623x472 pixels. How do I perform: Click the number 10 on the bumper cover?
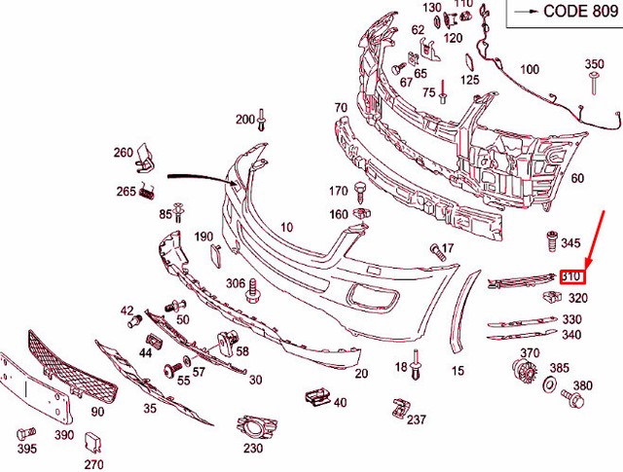point(286,227)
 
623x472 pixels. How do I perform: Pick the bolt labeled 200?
point(262,122)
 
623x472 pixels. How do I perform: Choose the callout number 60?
point(576,178)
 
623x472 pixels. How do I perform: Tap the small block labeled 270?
point(94,444)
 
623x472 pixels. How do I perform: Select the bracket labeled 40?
point(315,397)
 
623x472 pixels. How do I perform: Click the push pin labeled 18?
point(416,364)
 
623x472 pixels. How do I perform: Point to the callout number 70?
point(340,107)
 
